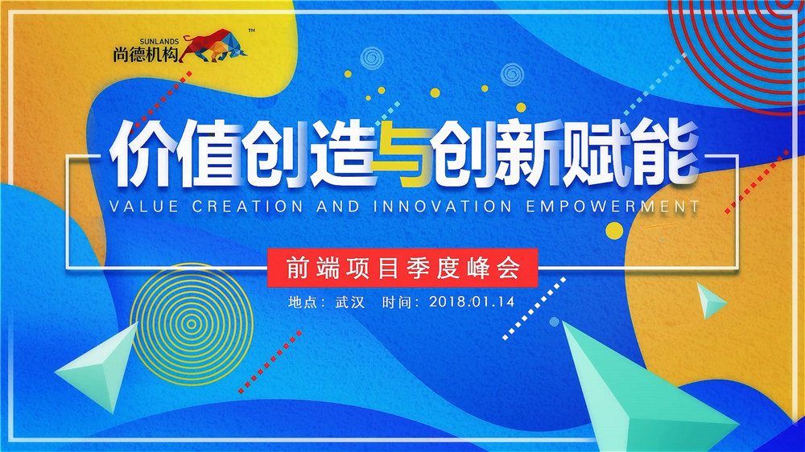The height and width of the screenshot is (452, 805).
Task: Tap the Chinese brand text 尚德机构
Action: click(x=146, y=54)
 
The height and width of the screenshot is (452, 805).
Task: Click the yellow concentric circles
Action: click(x=191, y=323)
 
